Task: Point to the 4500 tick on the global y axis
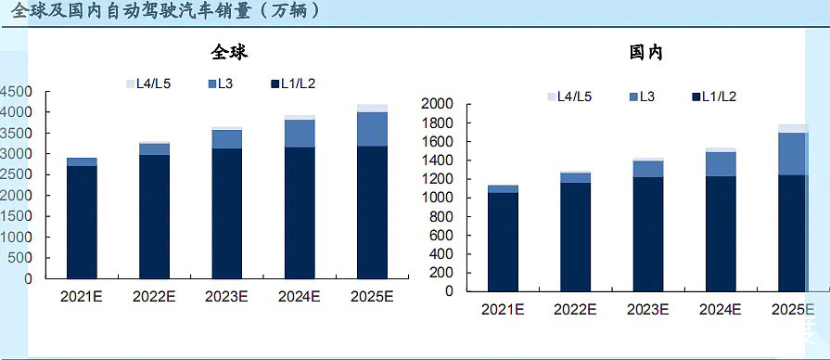click(17, 91)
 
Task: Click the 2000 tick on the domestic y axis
click(436, 104)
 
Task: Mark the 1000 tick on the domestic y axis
click(436, 198)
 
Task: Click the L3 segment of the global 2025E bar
click(372, 128)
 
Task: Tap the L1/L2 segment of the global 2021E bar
click(82, 223)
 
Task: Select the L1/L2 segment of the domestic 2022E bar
click(576, 237)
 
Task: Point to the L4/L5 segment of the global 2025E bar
click(372, 108)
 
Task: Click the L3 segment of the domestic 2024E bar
click(721, 163)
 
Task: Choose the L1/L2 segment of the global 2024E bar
click(300, 213)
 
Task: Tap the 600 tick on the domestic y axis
click(440, 235)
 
